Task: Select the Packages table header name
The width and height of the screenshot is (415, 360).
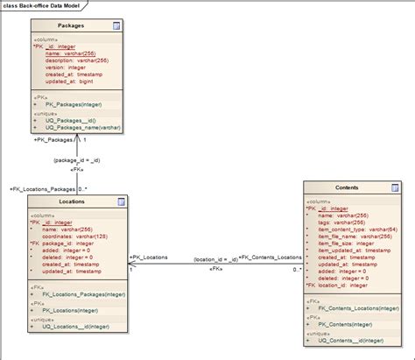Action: point(71,26)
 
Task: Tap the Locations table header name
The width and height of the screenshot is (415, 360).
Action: point(71,201)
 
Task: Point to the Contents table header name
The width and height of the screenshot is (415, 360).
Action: point(346,187)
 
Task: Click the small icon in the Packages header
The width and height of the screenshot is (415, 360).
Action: point(116,27)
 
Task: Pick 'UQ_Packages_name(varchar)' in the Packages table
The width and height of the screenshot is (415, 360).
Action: point(83,127)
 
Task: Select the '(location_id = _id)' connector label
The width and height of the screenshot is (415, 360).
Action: point(215,258)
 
